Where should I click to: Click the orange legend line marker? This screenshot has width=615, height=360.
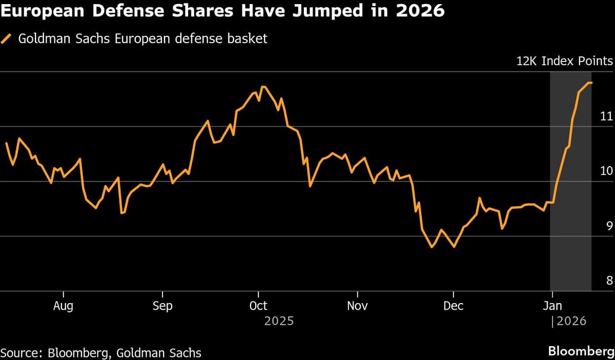point(7,39)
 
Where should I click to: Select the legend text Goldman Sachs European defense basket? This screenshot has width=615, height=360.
point(142,39)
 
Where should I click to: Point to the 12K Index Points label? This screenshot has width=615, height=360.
point(564,62)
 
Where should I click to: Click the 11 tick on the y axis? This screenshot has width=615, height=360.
point(606,116)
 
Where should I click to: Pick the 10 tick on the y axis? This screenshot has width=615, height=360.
point(606,171)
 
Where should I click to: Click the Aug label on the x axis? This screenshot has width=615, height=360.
point(63,306)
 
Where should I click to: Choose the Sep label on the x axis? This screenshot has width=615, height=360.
point(162,306)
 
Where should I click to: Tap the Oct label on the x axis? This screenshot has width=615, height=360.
point(258,306)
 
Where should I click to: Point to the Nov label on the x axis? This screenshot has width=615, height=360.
point(357,306)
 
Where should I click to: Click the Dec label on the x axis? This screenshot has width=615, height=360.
point(454,306)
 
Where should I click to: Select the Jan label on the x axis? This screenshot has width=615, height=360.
point(552,306)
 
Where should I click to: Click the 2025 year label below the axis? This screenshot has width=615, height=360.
point(279,322)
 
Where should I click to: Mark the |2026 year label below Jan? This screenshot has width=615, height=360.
point(568,322)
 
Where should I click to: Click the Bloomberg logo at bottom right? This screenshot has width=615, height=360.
point(580,352)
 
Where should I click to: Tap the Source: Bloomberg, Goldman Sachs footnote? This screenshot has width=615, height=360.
point(101,353)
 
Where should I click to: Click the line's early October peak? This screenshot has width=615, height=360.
point(263,87)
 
